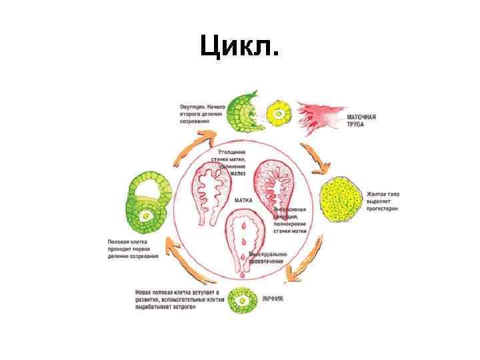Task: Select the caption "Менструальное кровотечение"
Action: click(x=268, y=258)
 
